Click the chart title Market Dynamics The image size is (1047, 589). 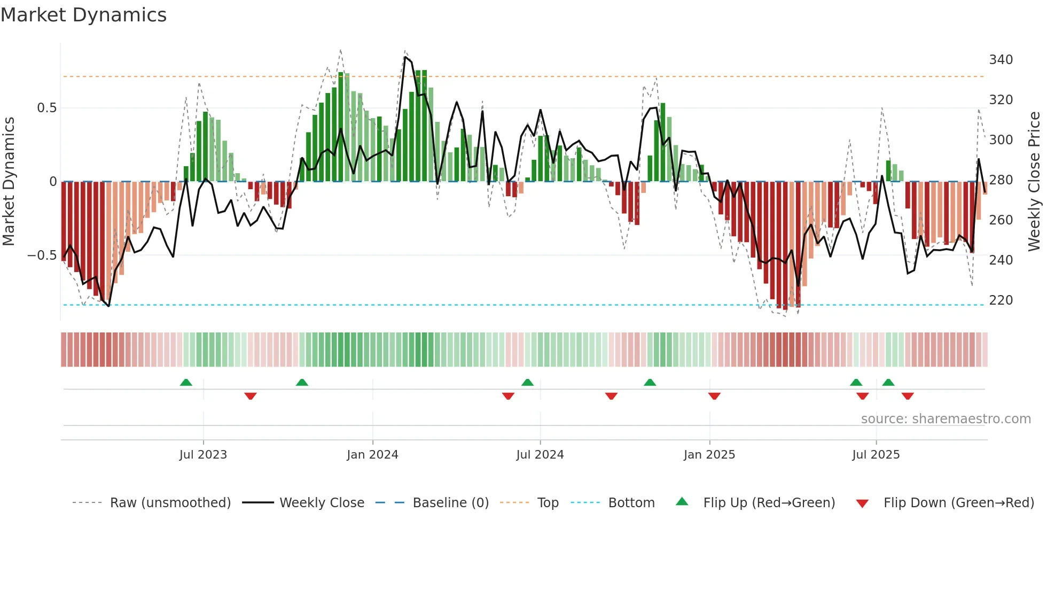[83, 15]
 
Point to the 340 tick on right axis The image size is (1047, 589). [1001, 59]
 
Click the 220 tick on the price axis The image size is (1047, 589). [1001, 300]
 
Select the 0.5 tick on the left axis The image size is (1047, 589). [46, 108]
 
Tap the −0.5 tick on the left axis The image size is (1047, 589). [42, 255]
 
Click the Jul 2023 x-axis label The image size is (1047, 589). [203, 455]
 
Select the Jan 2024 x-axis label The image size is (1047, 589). [372, 455]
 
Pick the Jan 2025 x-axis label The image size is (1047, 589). [709, 455]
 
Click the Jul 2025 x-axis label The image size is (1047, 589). [876, 455]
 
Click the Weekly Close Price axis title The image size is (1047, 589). [1034, 181]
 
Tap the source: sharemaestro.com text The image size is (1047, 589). [946, 419]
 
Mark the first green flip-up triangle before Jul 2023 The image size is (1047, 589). [186, 383]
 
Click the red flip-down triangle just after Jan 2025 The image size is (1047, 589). [714, 396]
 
